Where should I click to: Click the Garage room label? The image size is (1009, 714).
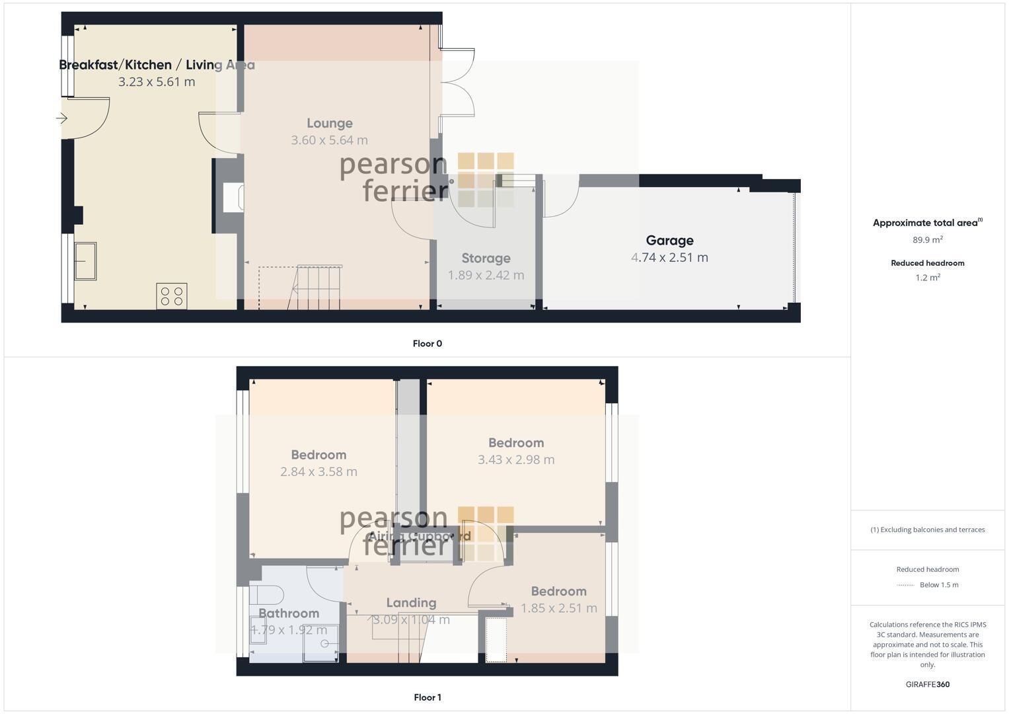click(x=669, y=241)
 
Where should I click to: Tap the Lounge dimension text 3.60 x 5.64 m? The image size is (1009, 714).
click(x=329, y=140)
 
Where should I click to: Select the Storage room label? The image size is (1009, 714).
click(x=486, y=258)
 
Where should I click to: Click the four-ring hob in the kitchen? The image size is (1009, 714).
click(x=172, y=296)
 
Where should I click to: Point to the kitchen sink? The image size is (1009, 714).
click(x=85, y=260)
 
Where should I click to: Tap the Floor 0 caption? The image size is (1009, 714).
click(x=427, y=344)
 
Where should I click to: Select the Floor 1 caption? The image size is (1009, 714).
click(x=427, y=697)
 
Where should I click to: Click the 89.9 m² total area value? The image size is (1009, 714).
click(x=927, y=240)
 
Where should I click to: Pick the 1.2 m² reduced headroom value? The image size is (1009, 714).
click(x=927, y=278)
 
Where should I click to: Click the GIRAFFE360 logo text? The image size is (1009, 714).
click(x=927, y=684)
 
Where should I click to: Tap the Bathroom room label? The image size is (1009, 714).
click(x=289, y=614)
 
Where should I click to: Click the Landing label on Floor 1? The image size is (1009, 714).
click(x=411, y=603)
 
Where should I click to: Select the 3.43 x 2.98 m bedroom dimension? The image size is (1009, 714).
click(x=516, y=459)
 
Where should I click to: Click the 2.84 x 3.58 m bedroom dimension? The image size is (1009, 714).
click(x=318, y=471)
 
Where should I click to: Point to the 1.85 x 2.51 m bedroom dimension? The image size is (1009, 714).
click(x=559, y=608)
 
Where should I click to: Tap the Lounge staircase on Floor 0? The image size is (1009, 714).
click(x=317, y=287)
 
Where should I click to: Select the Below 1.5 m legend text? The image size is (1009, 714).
click(x=938, y=585)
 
